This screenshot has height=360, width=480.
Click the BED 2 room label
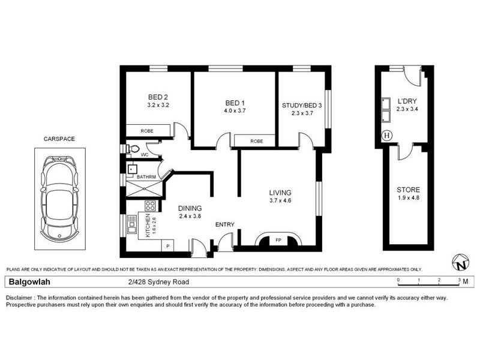pyautogui.click(x=157, y=97)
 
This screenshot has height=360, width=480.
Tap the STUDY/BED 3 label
pyautogui.click(x=302, y=106)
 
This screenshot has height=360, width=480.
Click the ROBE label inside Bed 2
pyautogui.click(x=147, y=131)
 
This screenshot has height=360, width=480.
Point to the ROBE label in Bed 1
pyautogui.click(x=257, y=141)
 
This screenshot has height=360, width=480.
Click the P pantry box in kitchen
pyautogui.click(x=167, y=246)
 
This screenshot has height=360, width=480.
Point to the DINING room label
pyautogui.click(x=190, y=209)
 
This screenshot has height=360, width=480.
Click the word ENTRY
pyautogui.click(x=225, y=225)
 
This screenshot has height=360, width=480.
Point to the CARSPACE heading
pyautogui.click(x=59, y=139)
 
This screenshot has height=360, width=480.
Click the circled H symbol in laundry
pyautogui.click(x=387, y=135)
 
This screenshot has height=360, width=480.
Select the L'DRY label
pyautogui.click(x=407, y=101)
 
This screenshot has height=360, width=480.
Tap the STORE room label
pyautogui.click(x=408, y=190)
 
